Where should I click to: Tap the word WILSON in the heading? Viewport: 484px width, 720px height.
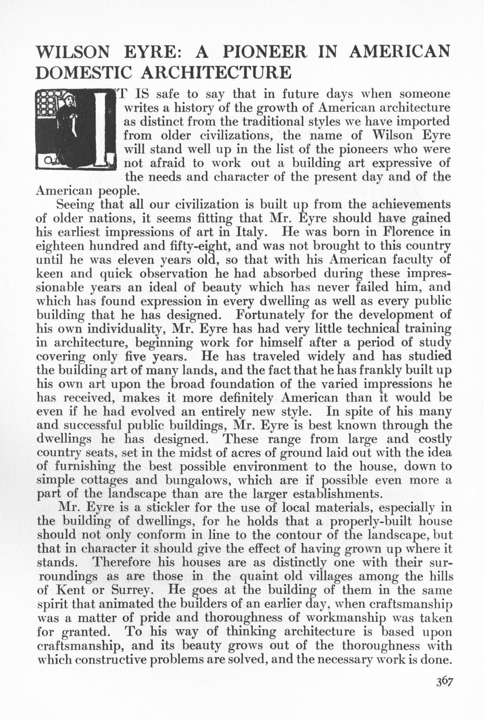click(x=72, y=52)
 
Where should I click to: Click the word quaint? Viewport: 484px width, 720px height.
click(x=261, y=577)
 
